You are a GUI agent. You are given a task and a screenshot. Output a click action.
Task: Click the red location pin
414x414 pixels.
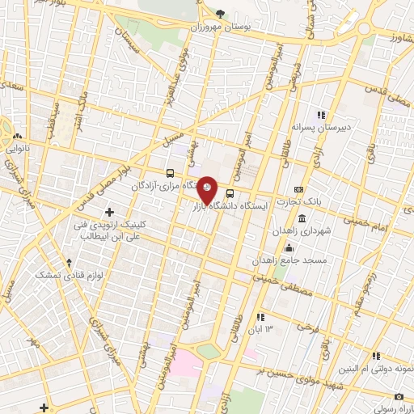207,189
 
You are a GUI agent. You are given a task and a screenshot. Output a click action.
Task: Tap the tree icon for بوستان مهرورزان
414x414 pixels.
221,13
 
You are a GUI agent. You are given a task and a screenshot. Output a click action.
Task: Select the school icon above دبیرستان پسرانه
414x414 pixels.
320,115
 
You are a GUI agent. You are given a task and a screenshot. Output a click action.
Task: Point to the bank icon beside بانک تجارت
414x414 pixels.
300,189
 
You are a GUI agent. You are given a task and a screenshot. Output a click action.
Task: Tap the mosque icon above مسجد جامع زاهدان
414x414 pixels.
289,247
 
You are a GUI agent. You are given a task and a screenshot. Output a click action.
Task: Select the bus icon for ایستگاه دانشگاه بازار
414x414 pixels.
230,193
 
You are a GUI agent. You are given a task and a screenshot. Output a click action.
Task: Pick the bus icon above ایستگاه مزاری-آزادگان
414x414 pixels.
170,173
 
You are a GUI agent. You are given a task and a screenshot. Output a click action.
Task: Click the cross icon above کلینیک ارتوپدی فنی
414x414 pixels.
110,211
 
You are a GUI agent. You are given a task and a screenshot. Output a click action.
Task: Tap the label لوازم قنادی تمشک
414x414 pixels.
58,276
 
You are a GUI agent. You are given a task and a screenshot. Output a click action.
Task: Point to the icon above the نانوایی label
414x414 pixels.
19,137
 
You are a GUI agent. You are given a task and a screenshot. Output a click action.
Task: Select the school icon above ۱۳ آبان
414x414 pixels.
260,317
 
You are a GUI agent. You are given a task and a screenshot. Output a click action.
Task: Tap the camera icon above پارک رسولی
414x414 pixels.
399,396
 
